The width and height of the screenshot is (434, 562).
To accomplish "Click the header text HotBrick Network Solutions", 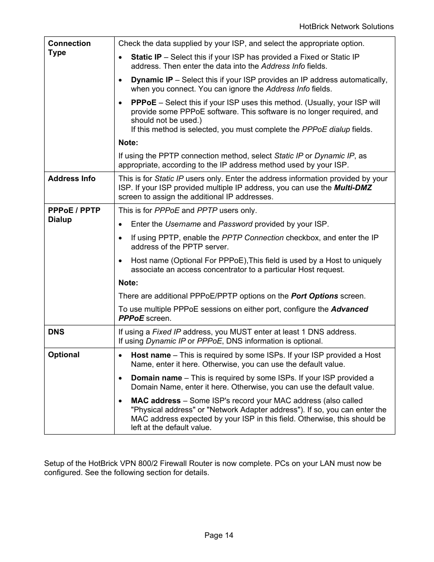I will (x=346, y=26).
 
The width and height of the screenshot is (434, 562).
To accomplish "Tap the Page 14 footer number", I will (x=218, y=535).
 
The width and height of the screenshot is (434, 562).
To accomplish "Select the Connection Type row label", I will (x=69, y=48).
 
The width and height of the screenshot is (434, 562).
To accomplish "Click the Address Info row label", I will (x=71, y=178).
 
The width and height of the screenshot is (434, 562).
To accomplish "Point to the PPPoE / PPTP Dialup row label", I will (x=74, y=215).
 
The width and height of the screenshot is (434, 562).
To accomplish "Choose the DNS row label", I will (x=56, y=332).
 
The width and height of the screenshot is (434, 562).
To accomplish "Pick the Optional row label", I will (x=64, y=354).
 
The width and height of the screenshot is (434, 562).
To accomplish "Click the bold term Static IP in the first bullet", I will (x=146, y=57).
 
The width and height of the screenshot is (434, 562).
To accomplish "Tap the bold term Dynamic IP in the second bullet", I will (x=151, y=80).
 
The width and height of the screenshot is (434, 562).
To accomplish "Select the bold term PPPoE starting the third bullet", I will (x=143, y=102).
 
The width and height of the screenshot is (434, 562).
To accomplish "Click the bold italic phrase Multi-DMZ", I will (x=353, y=187).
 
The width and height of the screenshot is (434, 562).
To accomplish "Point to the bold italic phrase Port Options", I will (x=314, y=296).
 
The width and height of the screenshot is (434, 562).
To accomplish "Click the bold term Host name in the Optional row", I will (x=151, y=355).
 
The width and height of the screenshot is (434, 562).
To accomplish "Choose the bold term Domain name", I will (x=156, y=378).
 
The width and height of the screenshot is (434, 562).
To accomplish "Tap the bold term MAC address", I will (x=156, y=400).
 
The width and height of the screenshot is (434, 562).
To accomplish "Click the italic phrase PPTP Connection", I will (x=252, y=238).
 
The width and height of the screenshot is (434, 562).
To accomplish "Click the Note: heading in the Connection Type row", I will (x=128, y=142).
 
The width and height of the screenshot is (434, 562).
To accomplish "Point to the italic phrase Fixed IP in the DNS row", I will (x=166, y=332).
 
